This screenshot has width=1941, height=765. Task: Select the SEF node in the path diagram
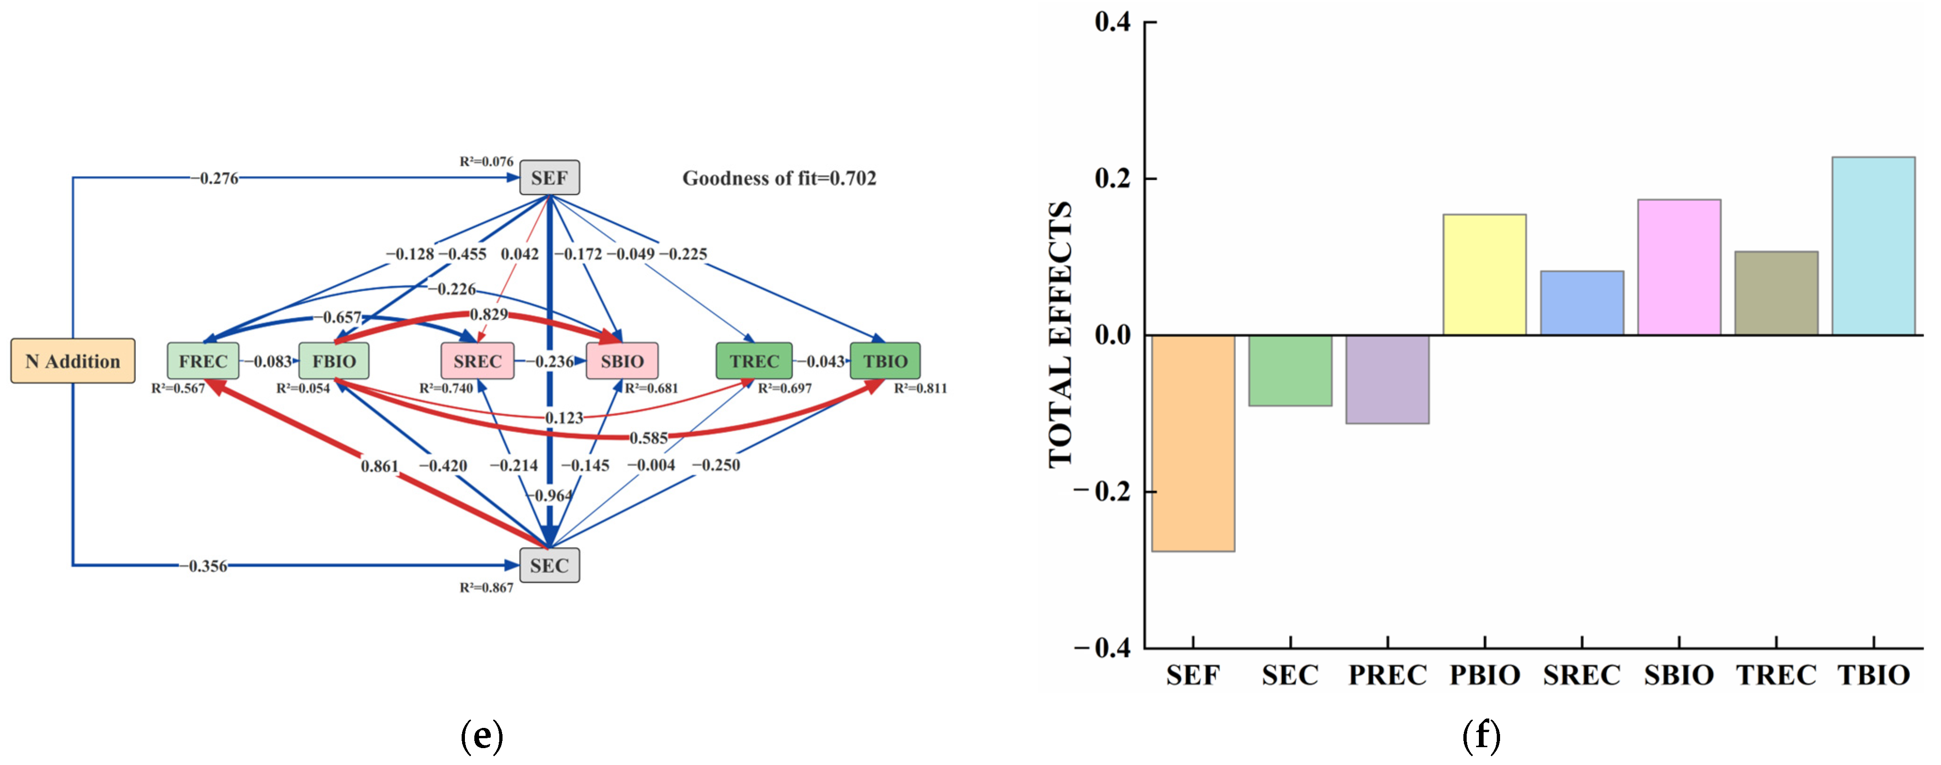point(549,178)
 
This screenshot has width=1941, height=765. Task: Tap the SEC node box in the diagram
point(549,565)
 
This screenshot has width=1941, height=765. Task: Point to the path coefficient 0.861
point(379,466)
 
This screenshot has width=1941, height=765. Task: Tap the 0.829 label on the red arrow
point(489,314)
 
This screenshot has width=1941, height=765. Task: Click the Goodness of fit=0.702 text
point(779,178)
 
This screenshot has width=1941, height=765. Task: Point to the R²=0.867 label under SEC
point(486,588)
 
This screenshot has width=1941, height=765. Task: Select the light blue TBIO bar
point(1873,246)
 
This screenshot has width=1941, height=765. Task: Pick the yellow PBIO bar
point(1485,275)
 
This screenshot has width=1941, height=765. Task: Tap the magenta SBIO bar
point(1679,267)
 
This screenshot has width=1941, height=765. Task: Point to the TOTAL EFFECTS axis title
point(1060,335)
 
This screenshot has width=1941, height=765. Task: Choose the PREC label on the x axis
point(1387,675)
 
